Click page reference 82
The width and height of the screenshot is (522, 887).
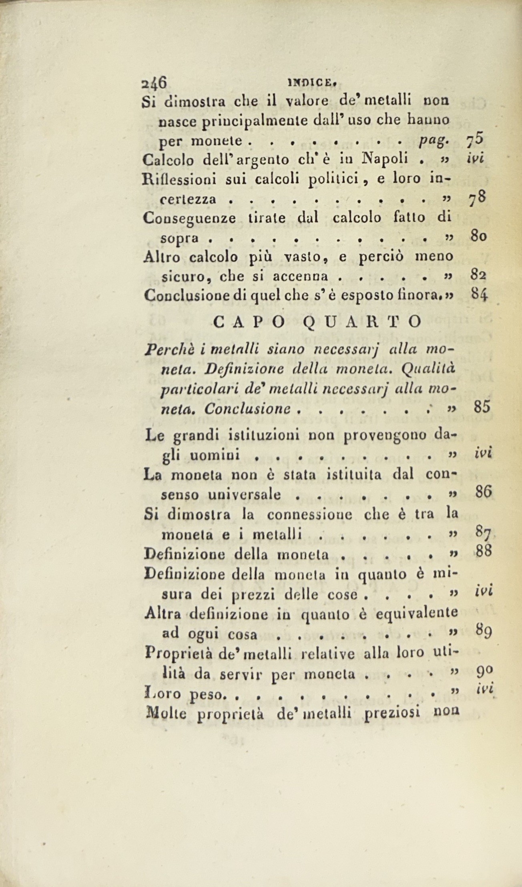[x=478, y=275]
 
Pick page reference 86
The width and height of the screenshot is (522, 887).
[x=483, y=492]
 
